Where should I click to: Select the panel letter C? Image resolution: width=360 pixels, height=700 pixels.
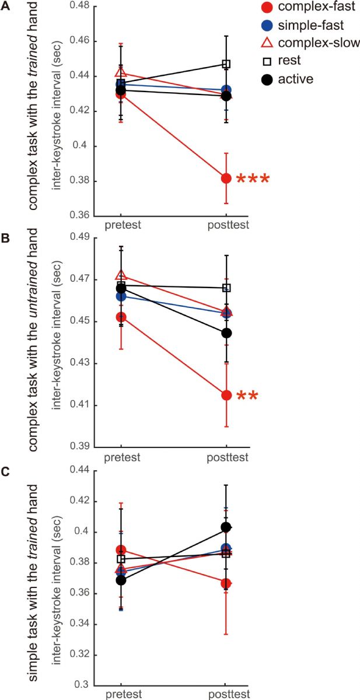(x=5, y=471)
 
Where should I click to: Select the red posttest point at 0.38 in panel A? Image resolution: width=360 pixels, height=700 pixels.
(x=226, y=178)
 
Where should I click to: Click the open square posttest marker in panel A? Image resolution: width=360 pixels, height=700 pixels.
(x=226, y=64)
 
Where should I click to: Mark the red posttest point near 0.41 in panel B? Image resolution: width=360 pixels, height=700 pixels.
(x=226, y=395)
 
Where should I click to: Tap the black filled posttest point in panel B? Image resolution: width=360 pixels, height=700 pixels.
(x=226, y=333)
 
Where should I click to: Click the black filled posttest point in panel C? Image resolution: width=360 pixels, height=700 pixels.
(x=226, y=527)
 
